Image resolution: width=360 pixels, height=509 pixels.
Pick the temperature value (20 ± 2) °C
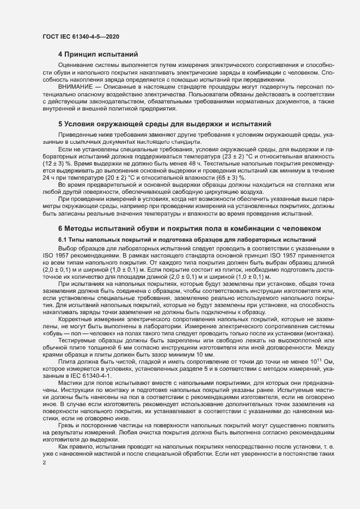point(100,177)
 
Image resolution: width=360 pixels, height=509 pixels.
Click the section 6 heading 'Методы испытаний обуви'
point(190,227)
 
